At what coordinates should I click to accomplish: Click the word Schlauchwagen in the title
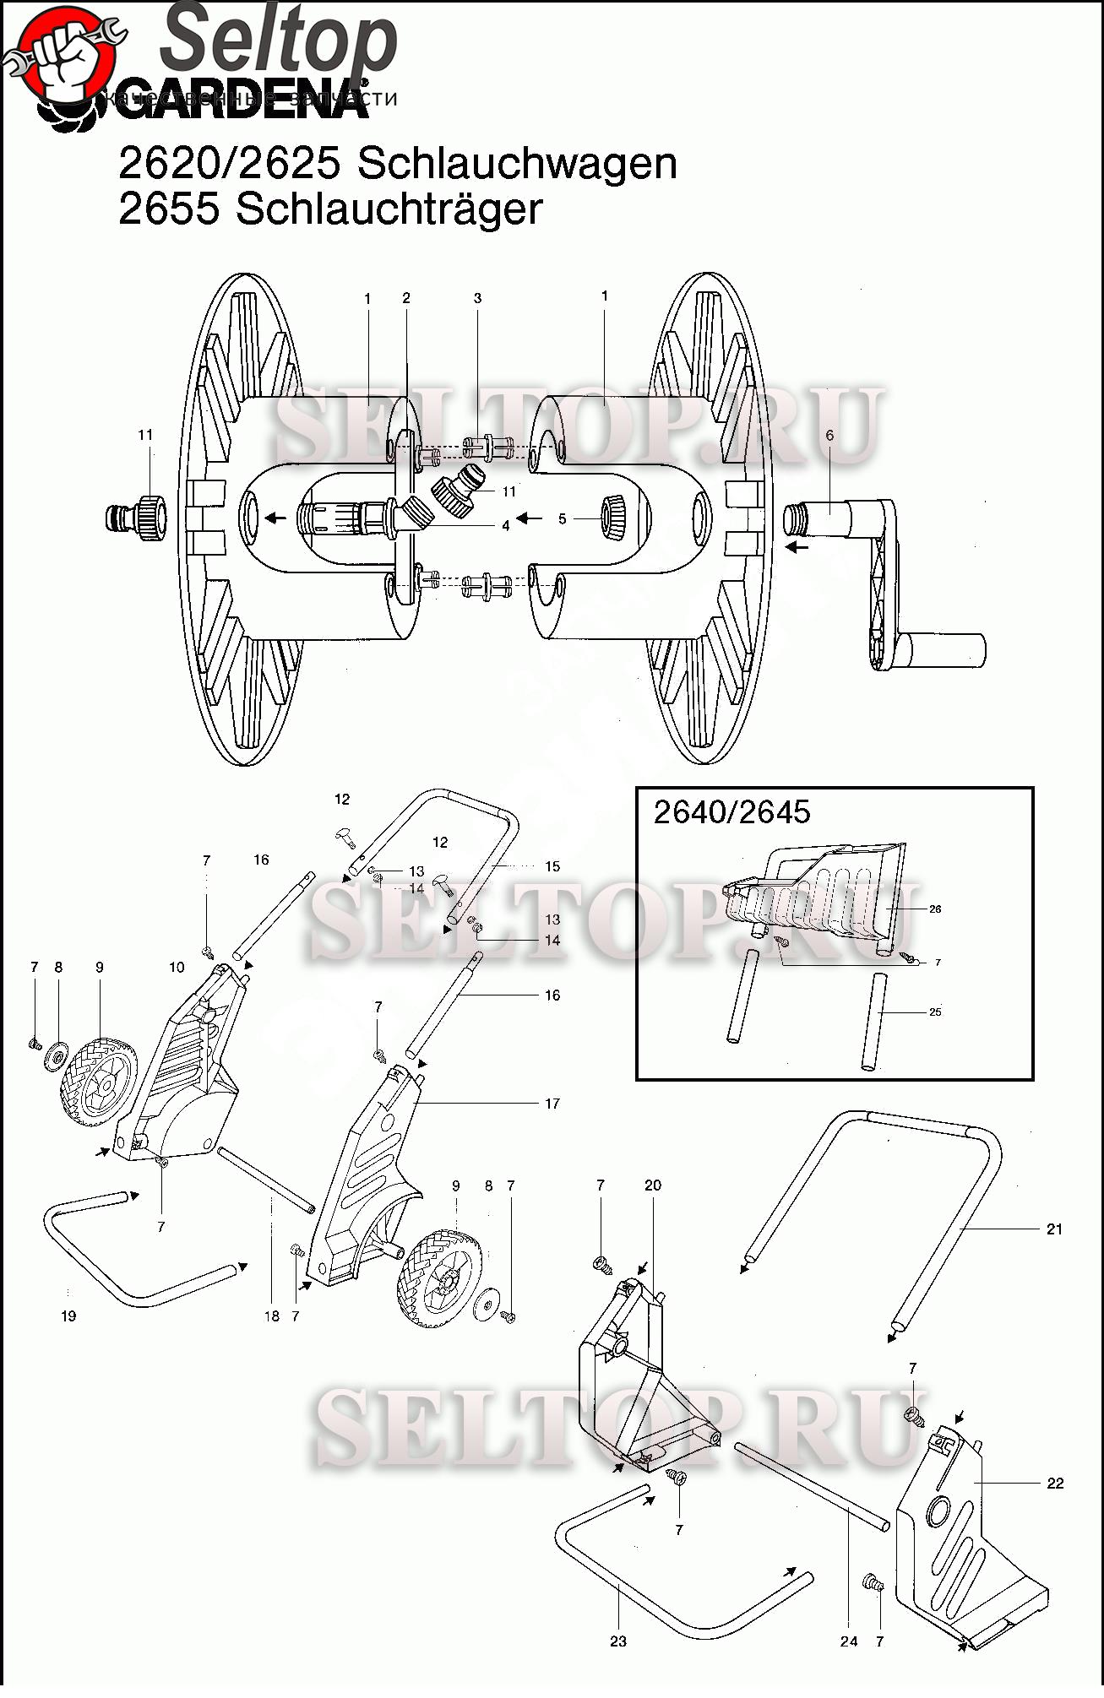pyautogui.click(x=517, y=163)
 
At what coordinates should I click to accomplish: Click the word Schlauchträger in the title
pyautogui.click(x=389, y=209)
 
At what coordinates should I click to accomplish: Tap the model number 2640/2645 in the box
pyautogui.click(x=731, y=812)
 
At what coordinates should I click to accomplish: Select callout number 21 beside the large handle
pyautogui.click(x=1054, y=1229)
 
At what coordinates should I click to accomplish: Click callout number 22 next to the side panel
pyautogui.click(x=1055, y=1483)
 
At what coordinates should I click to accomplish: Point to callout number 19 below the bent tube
pyautogui.click(x=68, y=1316)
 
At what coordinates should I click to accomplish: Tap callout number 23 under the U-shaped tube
pyautogui.click(x=618, y=1641)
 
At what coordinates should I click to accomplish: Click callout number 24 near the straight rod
pyautogui.click(x=849, y=1641)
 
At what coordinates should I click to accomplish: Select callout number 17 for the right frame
pyautogui.click(x=552, y=1104)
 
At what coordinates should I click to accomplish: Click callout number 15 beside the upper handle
pyautogui.click(x=552, y=866)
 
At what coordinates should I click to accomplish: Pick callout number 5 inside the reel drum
pyautogui.click(x=563, y=519)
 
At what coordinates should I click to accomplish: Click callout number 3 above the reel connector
pyautogui.click(x=477, y=298)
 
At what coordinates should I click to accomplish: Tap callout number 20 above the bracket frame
pyautogui.click(x=653, y=1185)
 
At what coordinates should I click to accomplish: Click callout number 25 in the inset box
pyautogui.click(x=935, y=1012)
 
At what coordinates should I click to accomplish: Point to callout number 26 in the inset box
pyautogui.click(x=935, y=909)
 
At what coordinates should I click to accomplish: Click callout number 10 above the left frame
pyautogui.click(x=177, y=967)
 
